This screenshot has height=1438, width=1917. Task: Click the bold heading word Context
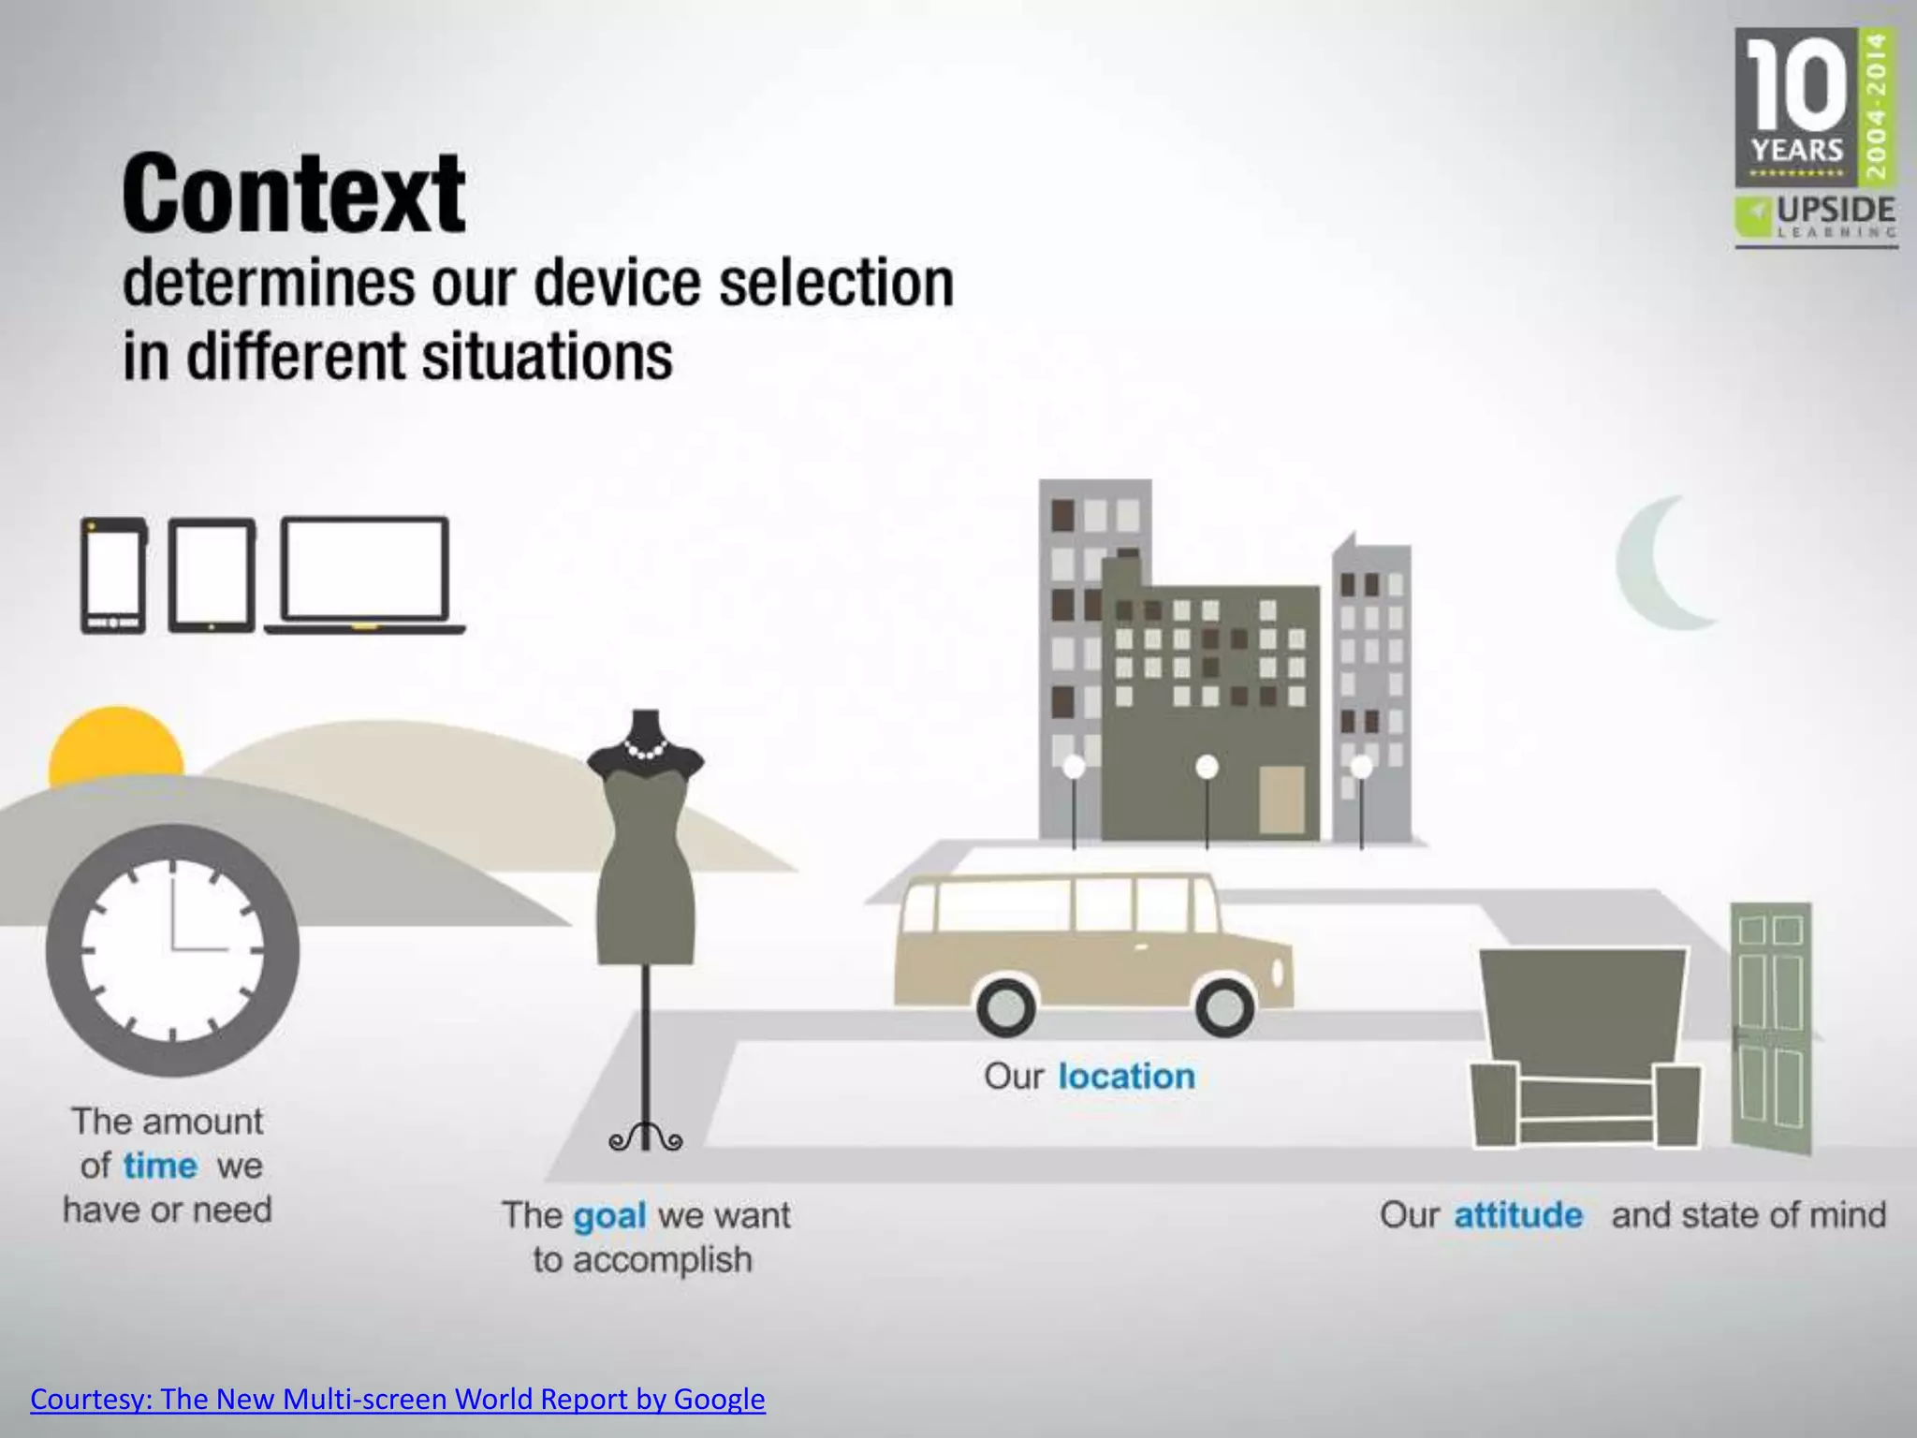point(294,195)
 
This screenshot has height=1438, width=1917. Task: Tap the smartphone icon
point(113,575)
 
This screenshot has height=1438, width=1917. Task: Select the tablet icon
point(212,575)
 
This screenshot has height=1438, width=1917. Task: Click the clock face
point(173,949)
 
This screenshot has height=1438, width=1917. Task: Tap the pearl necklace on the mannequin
point(645,750)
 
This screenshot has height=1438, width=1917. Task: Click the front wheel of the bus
point(1224,1006)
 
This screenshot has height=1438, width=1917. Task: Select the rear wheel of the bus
point(1006,1006)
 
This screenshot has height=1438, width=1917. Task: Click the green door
point(1771,1025)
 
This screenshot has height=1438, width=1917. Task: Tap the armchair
point(1586,1049)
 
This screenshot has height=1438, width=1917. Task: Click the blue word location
point(1127,1077)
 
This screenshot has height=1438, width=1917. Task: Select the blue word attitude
point(1518,1215)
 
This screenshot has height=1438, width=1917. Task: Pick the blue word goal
point(609,1216)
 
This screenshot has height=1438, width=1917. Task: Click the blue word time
point(160,1167)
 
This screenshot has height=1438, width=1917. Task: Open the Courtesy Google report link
point(398,1399)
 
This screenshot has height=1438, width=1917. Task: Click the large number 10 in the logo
point(1795,86)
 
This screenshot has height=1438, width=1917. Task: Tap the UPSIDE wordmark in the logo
point(1836,209)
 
